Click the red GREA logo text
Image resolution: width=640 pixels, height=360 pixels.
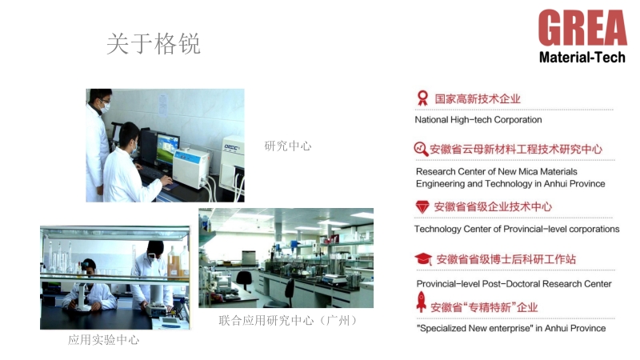(x=582, y=28)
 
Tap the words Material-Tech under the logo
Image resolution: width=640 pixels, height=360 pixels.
(x=582, y=57)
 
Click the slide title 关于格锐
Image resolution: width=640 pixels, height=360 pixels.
(x=154, y=44)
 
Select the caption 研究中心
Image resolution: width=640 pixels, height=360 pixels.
(x=288, y=146)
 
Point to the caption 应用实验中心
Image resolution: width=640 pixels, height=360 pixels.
(x=104, y=339)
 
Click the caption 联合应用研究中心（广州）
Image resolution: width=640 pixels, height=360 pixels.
(x=288, y=321)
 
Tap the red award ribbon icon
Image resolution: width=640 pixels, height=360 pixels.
(x=422, y=98)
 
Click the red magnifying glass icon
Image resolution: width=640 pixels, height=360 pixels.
(x=421, y=149)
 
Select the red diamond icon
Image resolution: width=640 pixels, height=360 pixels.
(x=422, y=207)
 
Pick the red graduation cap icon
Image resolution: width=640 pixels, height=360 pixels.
(x=423, y=258)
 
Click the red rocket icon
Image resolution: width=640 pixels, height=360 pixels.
(x=422, y=302)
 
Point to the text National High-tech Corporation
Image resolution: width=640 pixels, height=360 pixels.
(x=478, y=119)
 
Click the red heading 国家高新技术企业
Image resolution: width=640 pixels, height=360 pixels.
(x=478, y=98)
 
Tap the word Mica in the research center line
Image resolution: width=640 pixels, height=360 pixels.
(x=528, y=171)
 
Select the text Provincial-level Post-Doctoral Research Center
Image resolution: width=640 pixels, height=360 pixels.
(x=514, y=284)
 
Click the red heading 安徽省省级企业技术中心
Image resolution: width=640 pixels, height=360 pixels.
(x=493, y=207)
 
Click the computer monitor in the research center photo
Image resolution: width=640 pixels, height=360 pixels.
(x=167, y=148)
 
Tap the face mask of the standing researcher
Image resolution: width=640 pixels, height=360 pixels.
(x=106, y=107)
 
